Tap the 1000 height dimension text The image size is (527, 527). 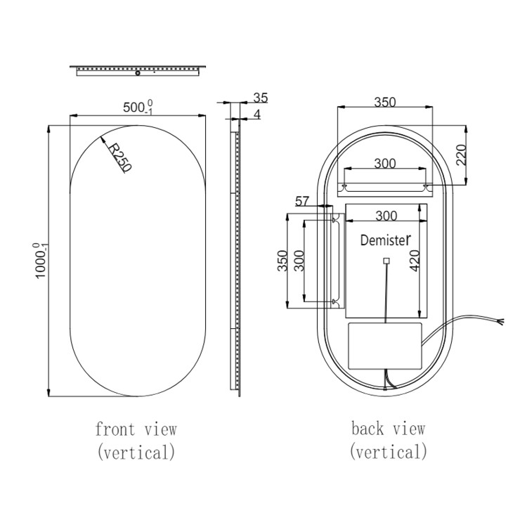[41, 260]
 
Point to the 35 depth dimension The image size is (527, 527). [261, 98]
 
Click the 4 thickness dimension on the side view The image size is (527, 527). [258, 114]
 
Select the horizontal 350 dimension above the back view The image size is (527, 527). [384, 102]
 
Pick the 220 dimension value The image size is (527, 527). [461, 155]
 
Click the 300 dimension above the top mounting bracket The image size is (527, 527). [384, 164]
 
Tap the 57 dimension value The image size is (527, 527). [302, 202]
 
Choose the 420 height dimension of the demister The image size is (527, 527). [415, 261]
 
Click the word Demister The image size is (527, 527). [384, 240]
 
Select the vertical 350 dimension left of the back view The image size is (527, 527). [282, 261]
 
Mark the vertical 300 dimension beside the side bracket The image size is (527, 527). [299, 261]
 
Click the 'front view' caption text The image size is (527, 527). [136, 428]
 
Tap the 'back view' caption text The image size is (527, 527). [388, 428]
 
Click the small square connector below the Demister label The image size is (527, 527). [386, 261]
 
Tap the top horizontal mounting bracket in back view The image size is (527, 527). [384, 188]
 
